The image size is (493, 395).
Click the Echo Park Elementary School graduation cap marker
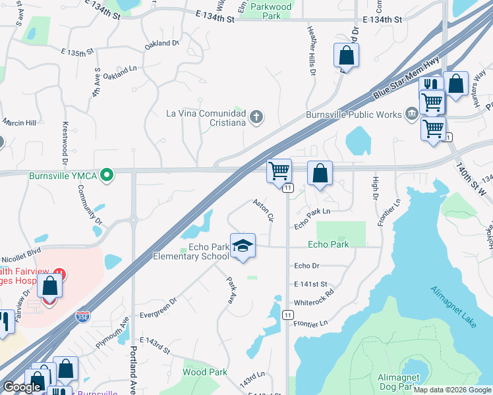coord(243,246)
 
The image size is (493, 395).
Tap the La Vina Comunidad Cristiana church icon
coord(256,118)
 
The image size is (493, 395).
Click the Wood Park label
coord(204,372)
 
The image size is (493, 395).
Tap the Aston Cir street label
coord(264,210)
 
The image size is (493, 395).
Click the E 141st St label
coord(311,283)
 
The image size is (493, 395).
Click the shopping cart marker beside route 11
coord(279,171)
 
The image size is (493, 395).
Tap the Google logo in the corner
coord(22,387)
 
